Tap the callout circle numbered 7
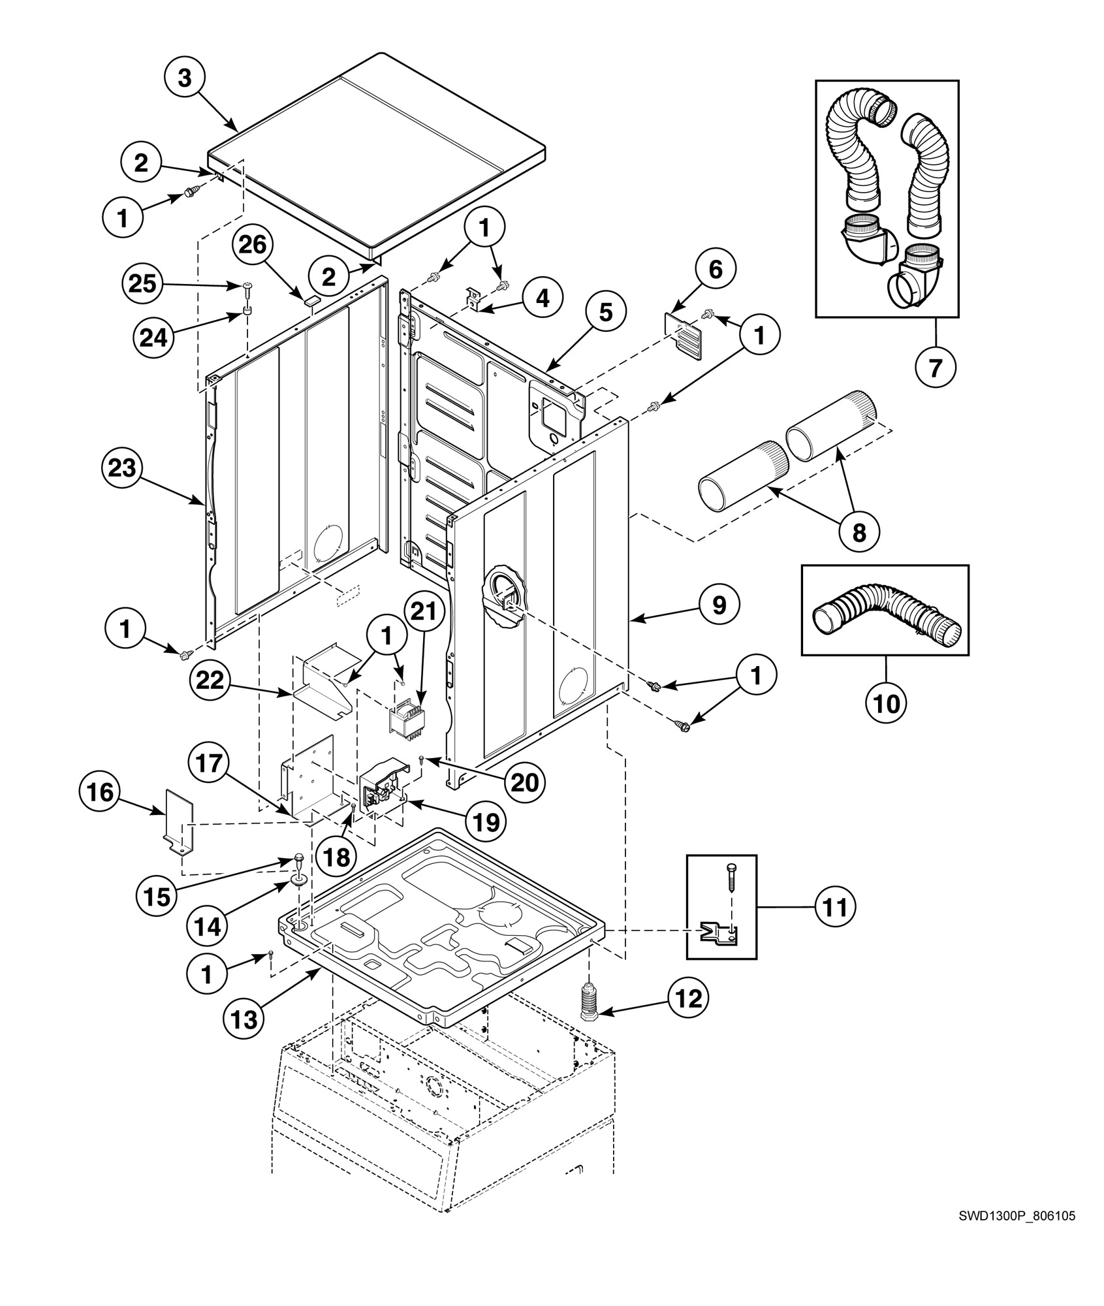coord(936,368)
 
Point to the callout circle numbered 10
coord(886,704)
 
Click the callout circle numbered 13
coord(244,1019)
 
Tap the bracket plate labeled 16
coord(177,822)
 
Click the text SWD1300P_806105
coord(1017,1215)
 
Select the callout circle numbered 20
coord(524,782)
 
